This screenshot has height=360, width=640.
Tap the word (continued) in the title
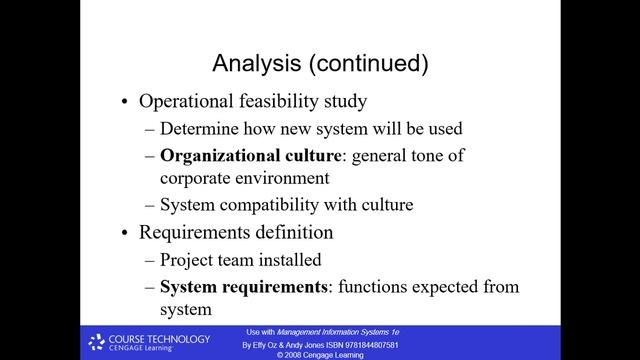368,64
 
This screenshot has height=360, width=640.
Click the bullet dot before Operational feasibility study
124,102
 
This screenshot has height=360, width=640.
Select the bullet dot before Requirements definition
124,233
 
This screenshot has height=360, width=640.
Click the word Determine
201,128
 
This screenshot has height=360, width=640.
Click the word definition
289,232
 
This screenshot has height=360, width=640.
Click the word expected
450,287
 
